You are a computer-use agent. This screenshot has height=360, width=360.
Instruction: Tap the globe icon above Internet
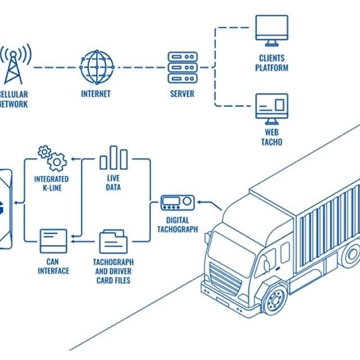coord(97,67)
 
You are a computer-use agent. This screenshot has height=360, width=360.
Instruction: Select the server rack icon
coord(181,67)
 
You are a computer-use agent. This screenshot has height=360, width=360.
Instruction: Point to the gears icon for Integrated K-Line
coord(51,157)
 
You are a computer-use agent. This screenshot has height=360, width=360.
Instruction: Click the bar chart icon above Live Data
coord(113,158)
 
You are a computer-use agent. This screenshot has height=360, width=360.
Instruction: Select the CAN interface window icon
coord(53,240)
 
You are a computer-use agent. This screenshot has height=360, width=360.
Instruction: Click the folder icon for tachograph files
coord(113,241)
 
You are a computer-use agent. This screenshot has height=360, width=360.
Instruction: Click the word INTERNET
coord(97,94)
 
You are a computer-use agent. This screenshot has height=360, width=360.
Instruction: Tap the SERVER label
coord(181,94)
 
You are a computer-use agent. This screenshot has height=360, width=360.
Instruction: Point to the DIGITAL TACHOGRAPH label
coord(177,225)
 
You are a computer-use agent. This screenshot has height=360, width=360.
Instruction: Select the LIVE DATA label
coord(113,183)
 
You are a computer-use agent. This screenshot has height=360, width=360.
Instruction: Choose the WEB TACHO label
coord(272,137)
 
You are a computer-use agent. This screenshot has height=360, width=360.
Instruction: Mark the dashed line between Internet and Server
coord(139,67)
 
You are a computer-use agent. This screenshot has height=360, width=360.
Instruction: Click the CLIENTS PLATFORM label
coord(271,64)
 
